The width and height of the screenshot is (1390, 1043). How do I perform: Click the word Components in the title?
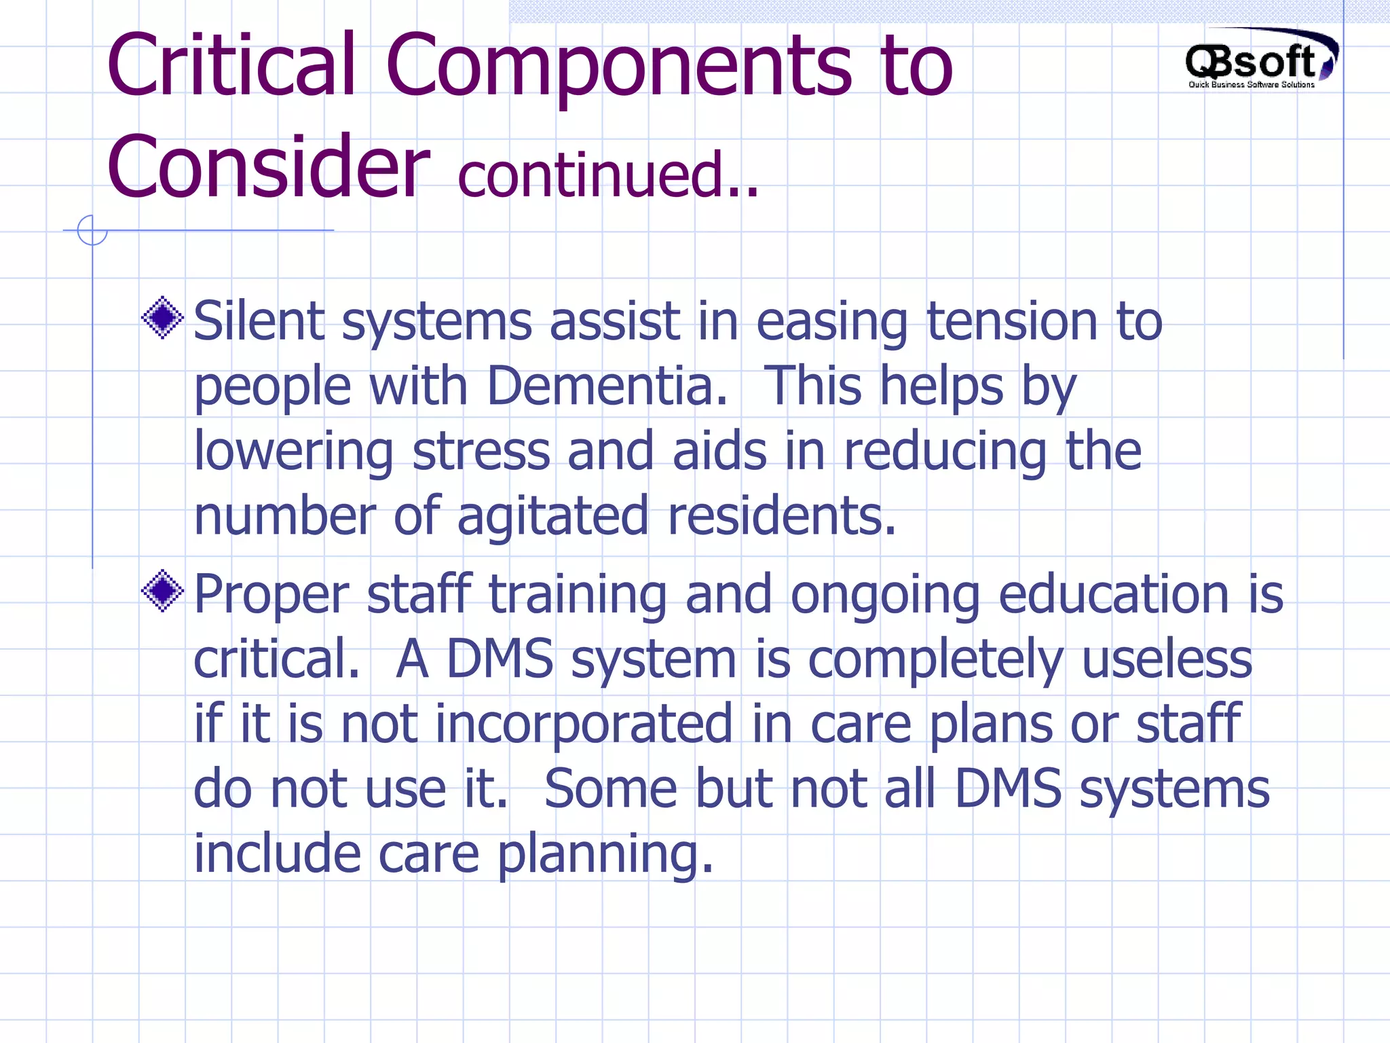(x=618, y=67)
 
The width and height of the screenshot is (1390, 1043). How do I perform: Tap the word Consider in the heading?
(x=268, y=167)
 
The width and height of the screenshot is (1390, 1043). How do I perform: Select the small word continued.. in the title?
(x=608, y=176)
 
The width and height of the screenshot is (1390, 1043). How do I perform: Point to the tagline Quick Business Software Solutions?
(x=1251, y=85)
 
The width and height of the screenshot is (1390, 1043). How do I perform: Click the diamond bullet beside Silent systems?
(x=163, y=317)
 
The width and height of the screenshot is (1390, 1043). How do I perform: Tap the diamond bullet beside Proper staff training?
(x=163, y=590)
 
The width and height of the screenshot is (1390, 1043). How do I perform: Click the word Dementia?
(x=607, y=386)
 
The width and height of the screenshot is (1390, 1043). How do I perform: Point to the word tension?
(x=1011, y=321)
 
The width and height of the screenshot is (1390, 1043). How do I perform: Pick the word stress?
(x=481, y=450)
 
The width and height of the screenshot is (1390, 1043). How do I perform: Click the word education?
(x=1114, y=594)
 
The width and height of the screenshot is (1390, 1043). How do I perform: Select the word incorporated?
(x=584, y=724)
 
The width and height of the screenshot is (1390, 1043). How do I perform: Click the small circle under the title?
(x=92, y=230)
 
